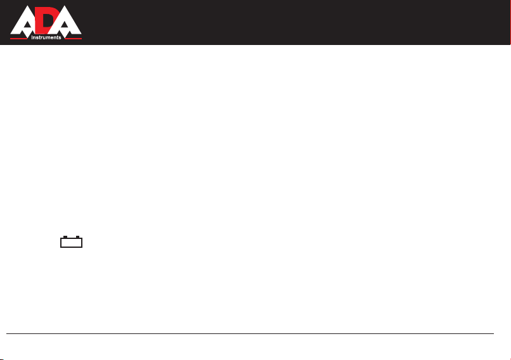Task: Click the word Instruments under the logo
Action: (x=46, y=37)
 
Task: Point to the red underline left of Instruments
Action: (x=18, y=39)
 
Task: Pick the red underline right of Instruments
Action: (x=73, y=39)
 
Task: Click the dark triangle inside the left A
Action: (x=27, y=25)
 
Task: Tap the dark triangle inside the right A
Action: (x=65, y=25)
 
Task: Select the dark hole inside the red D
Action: (x=46, y=20)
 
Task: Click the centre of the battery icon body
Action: (x=72, y=243)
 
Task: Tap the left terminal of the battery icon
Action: (x=65, y=237)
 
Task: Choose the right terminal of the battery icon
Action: (x=77, y=237)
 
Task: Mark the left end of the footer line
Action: (x=6, y=333)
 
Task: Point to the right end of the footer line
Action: (x=494, y=333)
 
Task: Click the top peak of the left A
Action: (x=29, y=6)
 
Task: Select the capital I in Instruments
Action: (x=32, y=37)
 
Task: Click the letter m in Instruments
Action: (x=48, y=38)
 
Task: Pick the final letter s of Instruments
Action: (x=60, y=38)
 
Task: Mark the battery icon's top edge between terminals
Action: (x=72, y=238)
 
